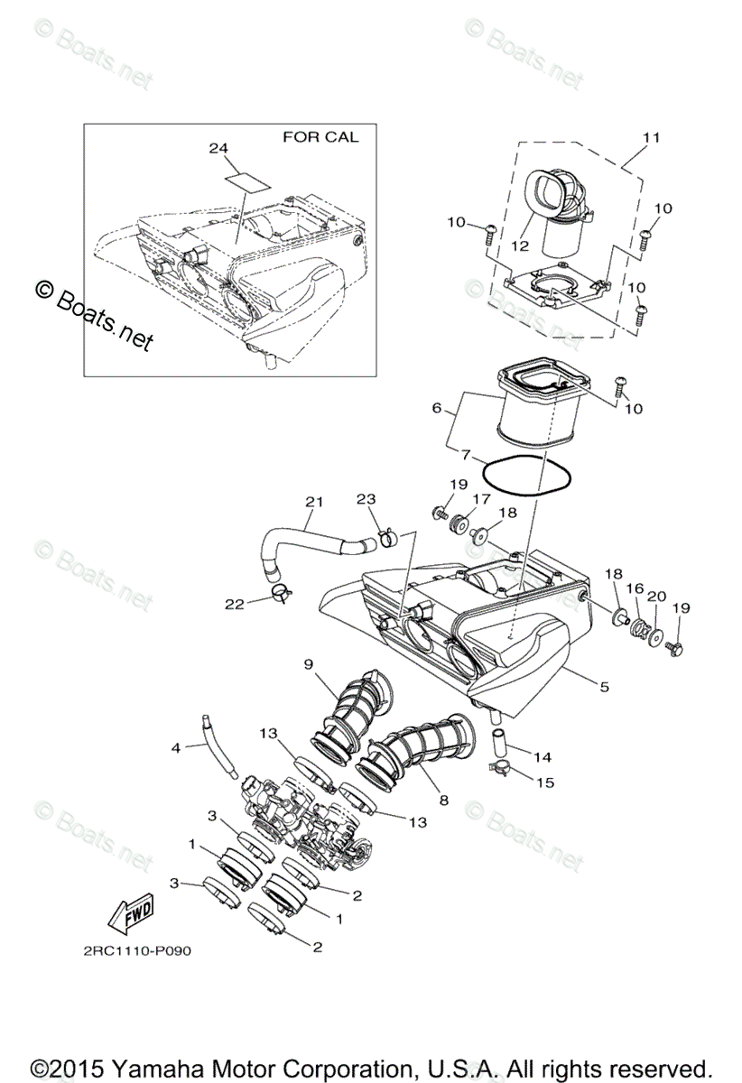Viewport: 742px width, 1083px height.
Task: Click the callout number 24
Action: pyautogui.click(x=218, y=148)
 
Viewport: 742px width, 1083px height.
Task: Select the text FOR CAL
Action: pyautogui.click(x=320, y=137)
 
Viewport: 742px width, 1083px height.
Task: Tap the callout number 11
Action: pyautogui.click(x=651, y=137)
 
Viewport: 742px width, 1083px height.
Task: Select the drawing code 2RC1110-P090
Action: pyautogui.click(x=134, y=950)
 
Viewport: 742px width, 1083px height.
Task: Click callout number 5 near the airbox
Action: pyautogui.click(x=603, y=686)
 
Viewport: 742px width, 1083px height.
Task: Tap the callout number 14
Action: pyautogui.click(x=543, y=757)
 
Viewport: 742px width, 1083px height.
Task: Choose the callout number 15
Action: pyautogui.click(x=544, y=782)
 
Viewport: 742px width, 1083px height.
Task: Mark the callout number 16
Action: pyautogui.click(x=635, y=588)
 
